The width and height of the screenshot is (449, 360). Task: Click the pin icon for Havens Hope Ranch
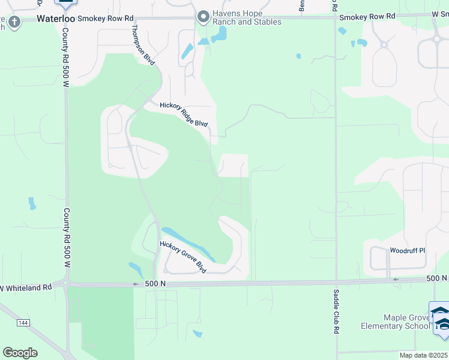point(204,17)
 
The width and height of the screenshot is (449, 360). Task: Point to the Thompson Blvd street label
point(143,45)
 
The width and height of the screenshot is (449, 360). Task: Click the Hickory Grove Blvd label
point(182,257)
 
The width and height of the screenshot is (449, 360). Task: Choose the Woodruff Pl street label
point(407,250)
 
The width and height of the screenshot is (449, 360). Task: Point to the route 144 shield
point(23,323)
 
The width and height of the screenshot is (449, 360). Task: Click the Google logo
point(20,352)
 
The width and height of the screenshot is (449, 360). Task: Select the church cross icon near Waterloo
point(13,23)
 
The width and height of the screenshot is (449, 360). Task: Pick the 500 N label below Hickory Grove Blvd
point(146,284)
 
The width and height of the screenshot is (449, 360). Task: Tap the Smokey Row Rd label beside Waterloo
point(104,18)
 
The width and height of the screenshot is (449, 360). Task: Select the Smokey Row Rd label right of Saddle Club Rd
point(367,17)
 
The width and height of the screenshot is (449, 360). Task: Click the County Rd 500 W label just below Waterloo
point(65,56)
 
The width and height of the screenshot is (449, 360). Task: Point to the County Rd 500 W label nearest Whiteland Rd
point(67,237)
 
